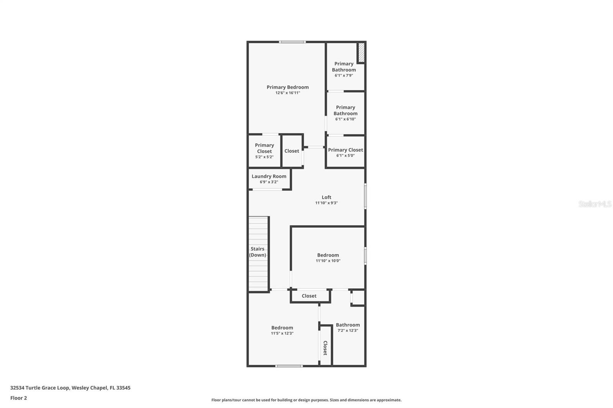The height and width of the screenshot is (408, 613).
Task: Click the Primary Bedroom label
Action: (x=287, y=87)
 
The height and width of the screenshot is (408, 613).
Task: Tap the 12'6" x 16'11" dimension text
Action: (x=287, y=93)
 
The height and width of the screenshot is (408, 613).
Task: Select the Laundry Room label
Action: (x=269, y=176)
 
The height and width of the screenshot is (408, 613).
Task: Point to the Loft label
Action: (x=326, y=197)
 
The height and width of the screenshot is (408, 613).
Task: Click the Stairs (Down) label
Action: (x=257, y=252)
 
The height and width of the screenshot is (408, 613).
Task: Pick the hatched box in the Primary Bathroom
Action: (x=361, y=53)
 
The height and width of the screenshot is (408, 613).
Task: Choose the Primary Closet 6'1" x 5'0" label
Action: (x=345, y=150)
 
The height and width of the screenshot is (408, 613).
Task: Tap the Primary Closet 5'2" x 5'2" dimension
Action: (x=264, y=157)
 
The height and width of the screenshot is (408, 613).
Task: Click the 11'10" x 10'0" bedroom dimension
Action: (x=328, y=261)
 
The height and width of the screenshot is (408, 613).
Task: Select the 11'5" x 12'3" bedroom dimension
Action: (x=282, y=333)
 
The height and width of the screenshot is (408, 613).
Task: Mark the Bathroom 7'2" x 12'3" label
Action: (x=348, y=325)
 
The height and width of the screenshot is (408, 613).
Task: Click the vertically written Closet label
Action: (x=325, y=348)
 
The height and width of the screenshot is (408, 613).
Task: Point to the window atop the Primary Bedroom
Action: (x=292, y=42)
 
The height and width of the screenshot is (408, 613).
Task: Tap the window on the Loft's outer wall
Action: (x=366, y=196)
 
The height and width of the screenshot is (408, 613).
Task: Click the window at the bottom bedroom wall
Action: (x=289, y=366)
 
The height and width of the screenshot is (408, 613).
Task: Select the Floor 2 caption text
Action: (x=18, y=398)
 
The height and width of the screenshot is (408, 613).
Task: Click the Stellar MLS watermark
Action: (x=595, y=204)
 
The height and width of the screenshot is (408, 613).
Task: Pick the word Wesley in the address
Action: (x=80, y=388)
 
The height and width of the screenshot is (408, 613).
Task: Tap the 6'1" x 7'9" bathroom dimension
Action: (x=344, y=76)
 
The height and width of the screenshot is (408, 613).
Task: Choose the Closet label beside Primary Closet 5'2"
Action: (x=292, y=151)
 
